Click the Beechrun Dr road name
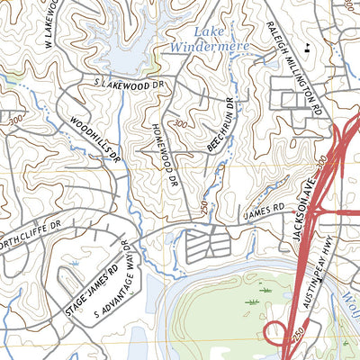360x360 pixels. click(x=221, y=124)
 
